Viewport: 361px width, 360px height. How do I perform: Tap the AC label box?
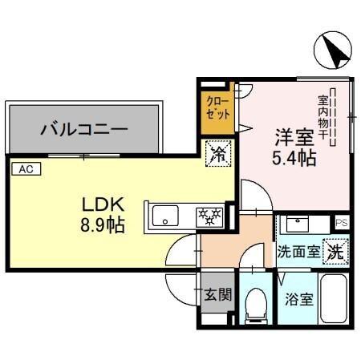(26, 168)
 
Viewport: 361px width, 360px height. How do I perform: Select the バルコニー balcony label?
(84, 127)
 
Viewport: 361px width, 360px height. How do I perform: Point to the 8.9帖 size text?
(101, 224)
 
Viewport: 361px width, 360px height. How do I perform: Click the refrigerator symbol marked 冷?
(217, 155)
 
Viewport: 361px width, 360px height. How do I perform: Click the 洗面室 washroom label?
(298, 252)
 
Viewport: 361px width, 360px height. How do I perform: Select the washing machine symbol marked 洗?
(338, 250)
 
